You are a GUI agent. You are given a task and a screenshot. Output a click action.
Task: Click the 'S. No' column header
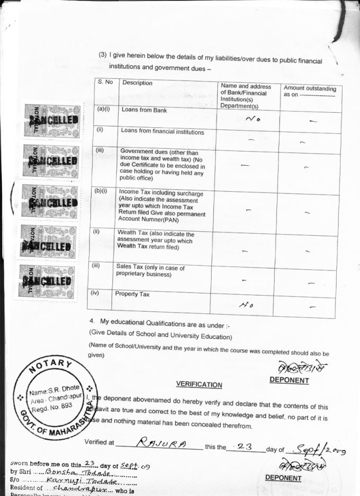(105, 82)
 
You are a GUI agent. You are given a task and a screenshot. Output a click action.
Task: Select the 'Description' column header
(137, 83)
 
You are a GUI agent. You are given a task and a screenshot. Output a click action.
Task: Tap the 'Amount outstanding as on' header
(309, 91)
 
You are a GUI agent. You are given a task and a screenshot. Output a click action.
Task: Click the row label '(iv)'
(95, 293)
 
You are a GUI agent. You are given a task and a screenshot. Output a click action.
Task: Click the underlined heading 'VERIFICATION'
(199, 385)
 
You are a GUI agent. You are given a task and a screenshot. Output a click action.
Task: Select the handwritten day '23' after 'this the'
(244, 446)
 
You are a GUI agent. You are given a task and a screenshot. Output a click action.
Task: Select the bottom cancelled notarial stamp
(48, 280)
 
